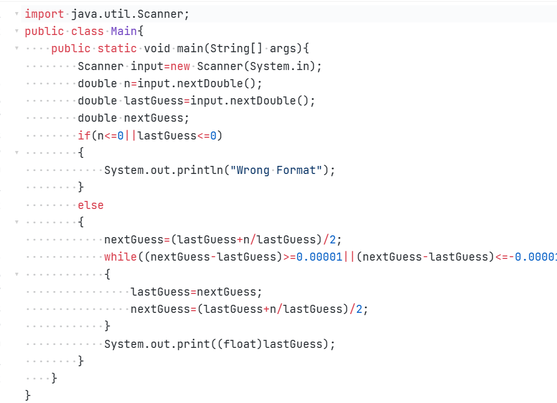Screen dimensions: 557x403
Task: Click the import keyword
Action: [44, 14]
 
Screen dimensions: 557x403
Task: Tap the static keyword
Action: [117, 49]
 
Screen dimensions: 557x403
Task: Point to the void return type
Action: [157, 49]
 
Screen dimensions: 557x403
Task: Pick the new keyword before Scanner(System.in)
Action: [180, 66]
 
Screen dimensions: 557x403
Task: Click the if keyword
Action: [84, 135]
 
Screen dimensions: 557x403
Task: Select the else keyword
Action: [91, 205]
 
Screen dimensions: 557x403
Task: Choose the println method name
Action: [202, 170]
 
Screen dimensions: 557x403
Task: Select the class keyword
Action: [87, 31]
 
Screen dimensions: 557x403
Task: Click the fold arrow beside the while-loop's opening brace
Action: [17, 274]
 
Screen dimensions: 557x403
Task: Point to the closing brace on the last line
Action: [28, 396]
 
